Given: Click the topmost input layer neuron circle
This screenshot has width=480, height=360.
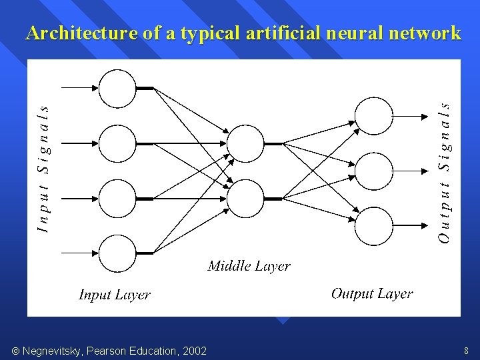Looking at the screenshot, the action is click(x=117, y=88).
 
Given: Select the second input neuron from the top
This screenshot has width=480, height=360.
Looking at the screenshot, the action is click(x=117, y=143).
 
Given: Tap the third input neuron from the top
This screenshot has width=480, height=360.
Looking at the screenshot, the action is click(x=117, y=198).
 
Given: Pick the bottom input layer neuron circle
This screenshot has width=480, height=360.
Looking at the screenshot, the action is click(x=117, y=253).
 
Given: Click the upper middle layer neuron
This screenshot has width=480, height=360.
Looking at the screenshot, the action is click(x=246, y=143).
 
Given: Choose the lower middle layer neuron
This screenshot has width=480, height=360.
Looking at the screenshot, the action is click(x=246, y=198).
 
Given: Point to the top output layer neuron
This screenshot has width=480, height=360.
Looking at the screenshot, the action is click(x=374, y=116).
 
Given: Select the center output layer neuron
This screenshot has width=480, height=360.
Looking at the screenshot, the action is click(x=374, y=171).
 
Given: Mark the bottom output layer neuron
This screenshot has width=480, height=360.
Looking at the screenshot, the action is click(x=374, y=227).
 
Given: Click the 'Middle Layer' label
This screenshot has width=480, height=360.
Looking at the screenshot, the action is click(x=249, y=267).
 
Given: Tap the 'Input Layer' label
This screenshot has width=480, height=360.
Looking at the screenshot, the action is click(x=115, y=295).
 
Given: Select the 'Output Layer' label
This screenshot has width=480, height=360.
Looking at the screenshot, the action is click(x=372, y=293).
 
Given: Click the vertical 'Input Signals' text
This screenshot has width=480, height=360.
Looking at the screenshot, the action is click(x=43, y=169).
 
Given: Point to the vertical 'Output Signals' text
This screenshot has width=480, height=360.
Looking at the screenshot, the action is click(x=445, y=171).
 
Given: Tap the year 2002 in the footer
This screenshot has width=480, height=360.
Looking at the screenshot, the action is click(x=193, y=351).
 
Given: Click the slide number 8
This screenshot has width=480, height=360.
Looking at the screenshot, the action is click(x=465, y=351).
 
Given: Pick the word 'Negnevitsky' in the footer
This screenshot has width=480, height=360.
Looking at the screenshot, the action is click(x=50, y=351).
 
